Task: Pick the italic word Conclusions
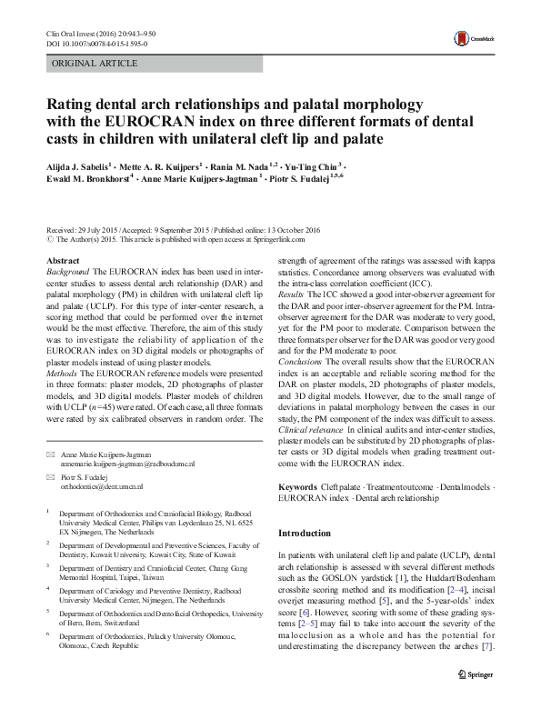tap(304, 361)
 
